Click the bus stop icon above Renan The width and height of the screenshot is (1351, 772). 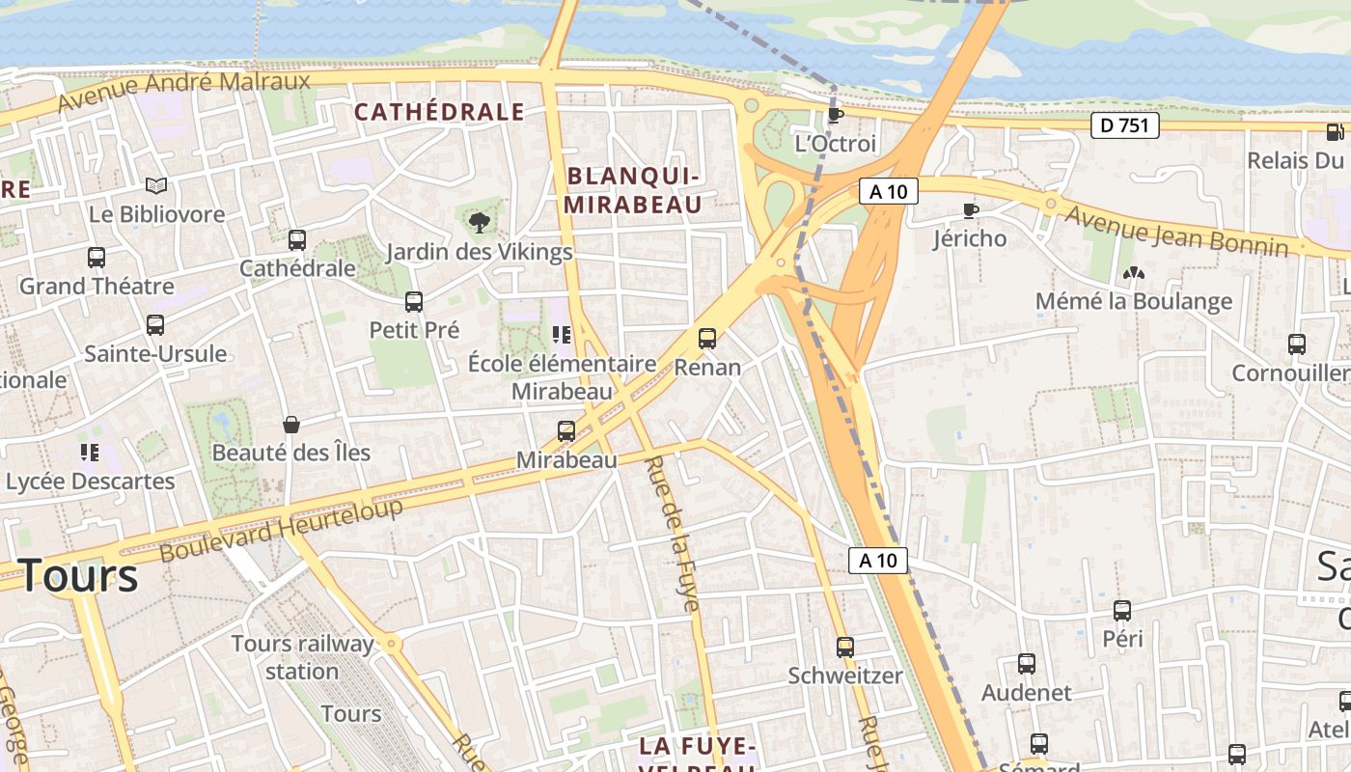(x=707, y=339)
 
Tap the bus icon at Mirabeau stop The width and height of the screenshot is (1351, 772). (x=566, y=431)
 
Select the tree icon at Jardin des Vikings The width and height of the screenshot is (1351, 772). (x=479, y=223)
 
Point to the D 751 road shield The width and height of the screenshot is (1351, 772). (x=1125, y=124)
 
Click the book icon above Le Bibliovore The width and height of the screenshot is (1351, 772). (x=156, y=185)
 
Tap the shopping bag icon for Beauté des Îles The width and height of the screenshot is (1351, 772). (x=290, y=424)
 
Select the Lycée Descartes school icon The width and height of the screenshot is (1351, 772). (x=90, y=452)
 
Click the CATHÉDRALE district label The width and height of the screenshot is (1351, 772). (x=439, y=112)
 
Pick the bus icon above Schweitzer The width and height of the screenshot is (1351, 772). (x=845, y=647)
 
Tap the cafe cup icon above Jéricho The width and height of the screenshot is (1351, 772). (x=971, y=210)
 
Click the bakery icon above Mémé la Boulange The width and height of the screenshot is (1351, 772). (x=1134, y=273)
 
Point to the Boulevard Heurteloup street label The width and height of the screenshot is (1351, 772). (x=281, y=530)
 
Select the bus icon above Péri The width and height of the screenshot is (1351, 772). (x=1122, y=610)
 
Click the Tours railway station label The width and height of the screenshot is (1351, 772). (x=302, y=656)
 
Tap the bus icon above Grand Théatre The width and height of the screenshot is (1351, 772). (x=96, y=258)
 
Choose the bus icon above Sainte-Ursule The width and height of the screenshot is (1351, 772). (x=155, y=325)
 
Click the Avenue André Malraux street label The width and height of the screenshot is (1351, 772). (x=184, y=90)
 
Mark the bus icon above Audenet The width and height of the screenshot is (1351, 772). (x=1027, y=664)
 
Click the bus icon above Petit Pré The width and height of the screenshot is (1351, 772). (x=414, y=302)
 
